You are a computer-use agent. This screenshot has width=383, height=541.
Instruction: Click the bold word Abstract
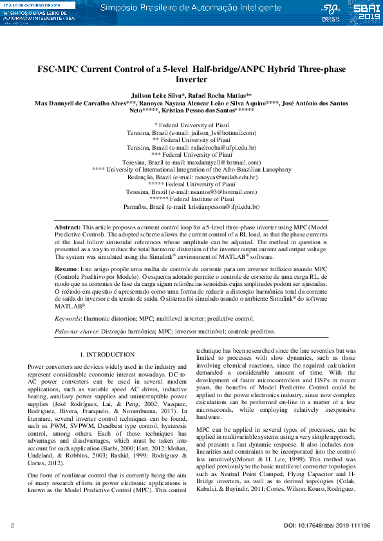point(67,228)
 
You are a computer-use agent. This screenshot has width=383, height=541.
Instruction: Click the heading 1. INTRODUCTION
point(107,354)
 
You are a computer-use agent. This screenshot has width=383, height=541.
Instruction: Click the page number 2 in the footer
point(13,526)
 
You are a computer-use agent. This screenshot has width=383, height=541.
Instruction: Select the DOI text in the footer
point(327,526)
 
